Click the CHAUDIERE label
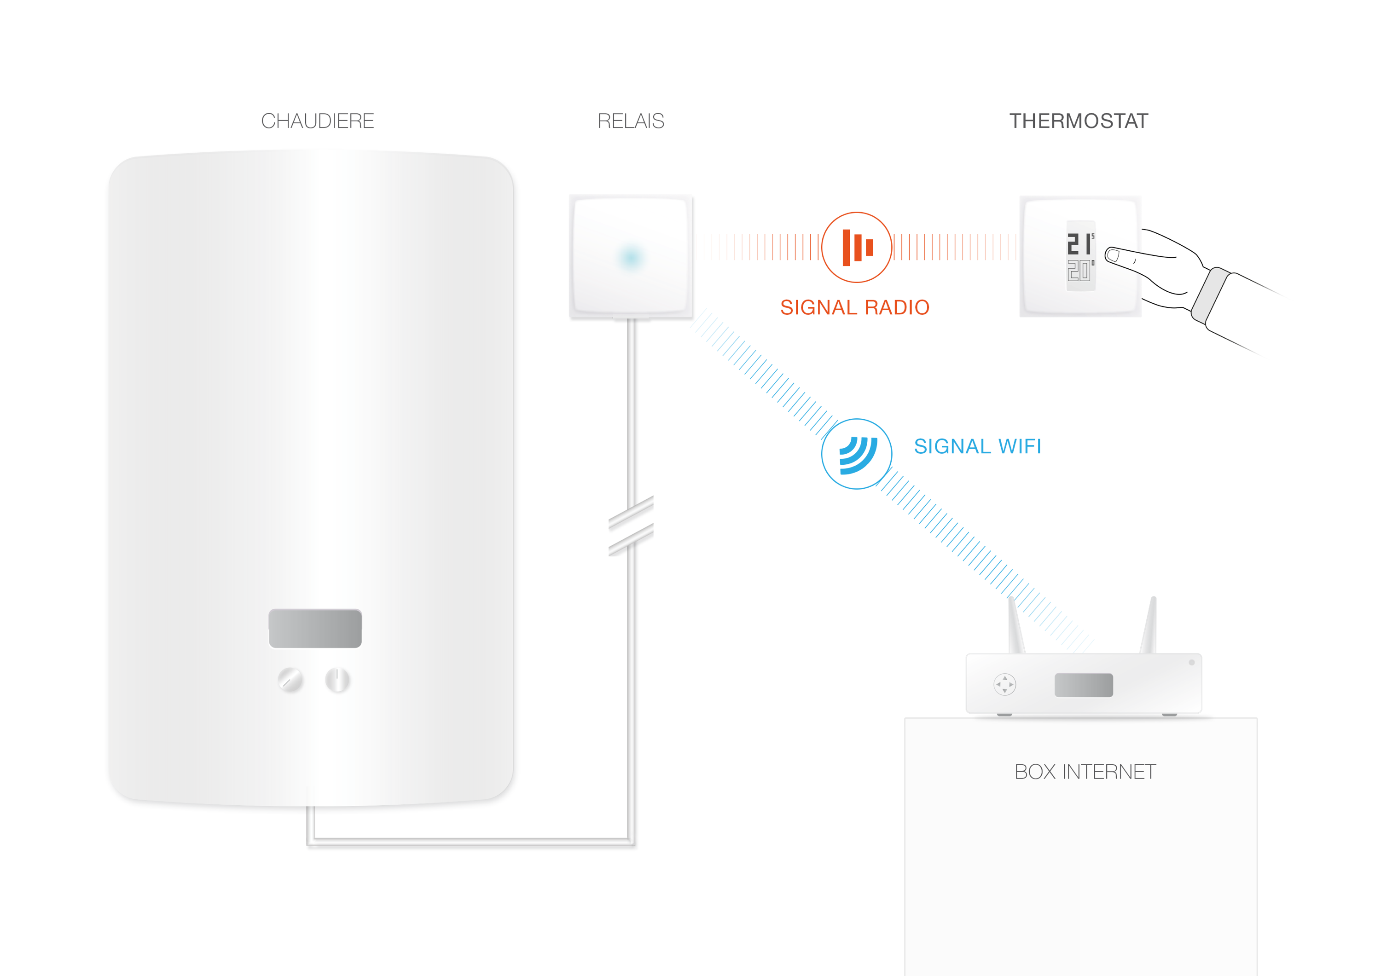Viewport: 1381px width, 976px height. pos(318,121)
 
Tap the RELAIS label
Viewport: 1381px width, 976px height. pos(631,121)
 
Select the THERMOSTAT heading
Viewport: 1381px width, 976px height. pos(1079,121)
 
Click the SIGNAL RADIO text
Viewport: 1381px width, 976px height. pos(855,307)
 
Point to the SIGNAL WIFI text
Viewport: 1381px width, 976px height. pos(977,446)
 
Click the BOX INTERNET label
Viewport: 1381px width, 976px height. pos(1085,772)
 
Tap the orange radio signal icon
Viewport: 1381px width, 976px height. pos(857,247)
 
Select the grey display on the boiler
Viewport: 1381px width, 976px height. pos(315,629)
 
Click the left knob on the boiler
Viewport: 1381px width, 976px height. pos(290,680)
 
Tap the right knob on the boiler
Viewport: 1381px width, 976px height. pos(337,680)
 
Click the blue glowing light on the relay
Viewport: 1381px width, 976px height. pos(631,257)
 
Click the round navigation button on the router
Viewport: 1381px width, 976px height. pos(1004,684)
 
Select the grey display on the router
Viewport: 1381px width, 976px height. pos(1084,685)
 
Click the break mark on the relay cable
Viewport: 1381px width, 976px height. pos(631,526)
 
